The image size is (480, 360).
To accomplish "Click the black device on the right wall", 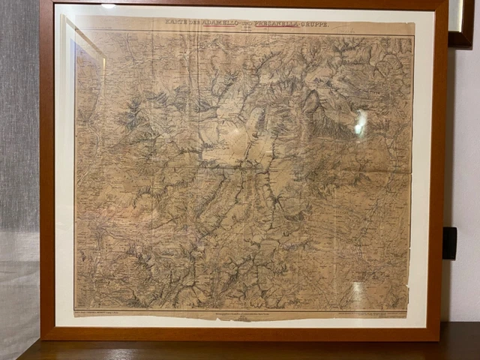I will click(450, 243).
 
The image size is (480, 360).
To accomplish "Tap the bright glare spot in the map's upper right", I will click(361, 121).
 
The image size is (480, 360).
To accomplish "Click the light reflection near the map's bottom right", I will click(357, 289).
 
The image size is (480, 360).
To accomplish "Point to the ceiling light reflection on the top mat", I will click(109, 7).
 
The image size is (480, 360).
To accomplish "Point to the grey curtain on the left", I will click(19, 150).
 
